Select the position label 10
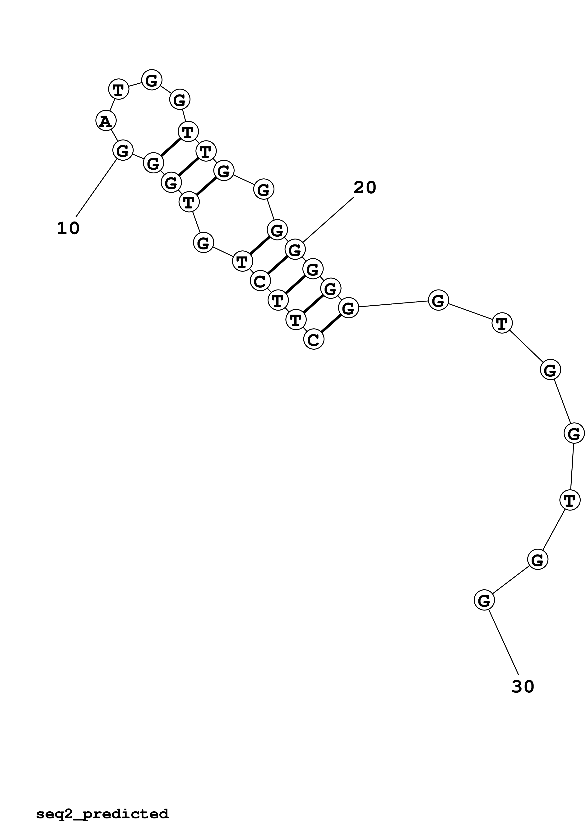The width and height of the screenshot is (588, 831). (x=68, y=228)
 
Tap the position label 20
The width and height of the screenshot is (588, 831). (x=365, y=187)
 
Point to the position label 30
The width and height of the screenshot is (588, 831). (x=523, y=686)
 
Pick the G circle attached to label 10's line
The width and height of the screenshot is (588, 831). (x=123, y=150)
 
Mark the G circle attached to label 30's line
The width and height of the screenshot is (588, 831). (x=484, y=600)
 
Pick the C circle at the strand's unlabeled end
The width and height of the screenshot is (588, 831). (x=313, y=339)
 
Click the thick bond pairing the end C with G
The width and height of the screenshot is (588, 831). (x=331, y=324)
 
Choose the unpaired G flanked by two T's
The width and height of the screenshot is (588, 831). (x=203, y=243)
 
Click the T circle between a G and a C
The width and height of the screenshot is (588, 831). (x=242, y=261)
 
